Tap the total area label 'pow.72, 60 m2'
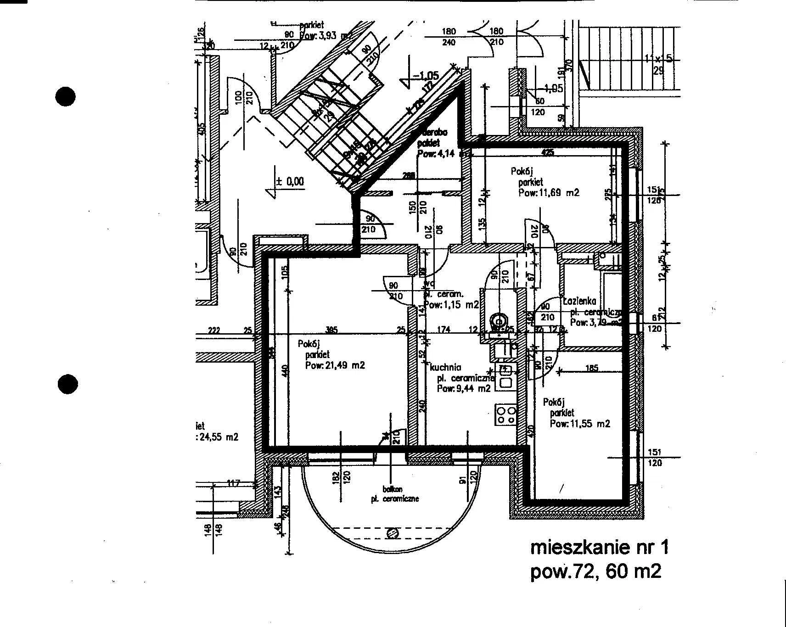(x=595, y=572)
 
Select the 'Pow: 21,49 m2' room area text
(x=335, y=365)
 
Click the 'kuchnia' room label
(x=445, y=368)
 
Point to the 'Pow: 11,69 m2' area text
(x=549, y=193)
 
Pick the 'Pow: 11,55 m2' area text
(x=580, y=424)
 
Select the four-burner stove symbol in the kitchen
(x=505, y=414)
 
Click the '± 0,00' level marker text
(x=290, y=181)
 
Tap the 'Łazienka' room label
(x=579, y=301)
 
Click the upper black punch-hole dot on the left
(x=65, y=96)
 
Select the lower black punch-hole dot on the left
(x=68, y=384)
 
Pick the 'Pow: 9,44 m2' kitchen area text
(x=464, y=388)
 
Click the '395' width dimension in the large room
(x=331, y=330)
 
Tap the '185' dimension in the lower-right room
(x=592, y=368)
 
